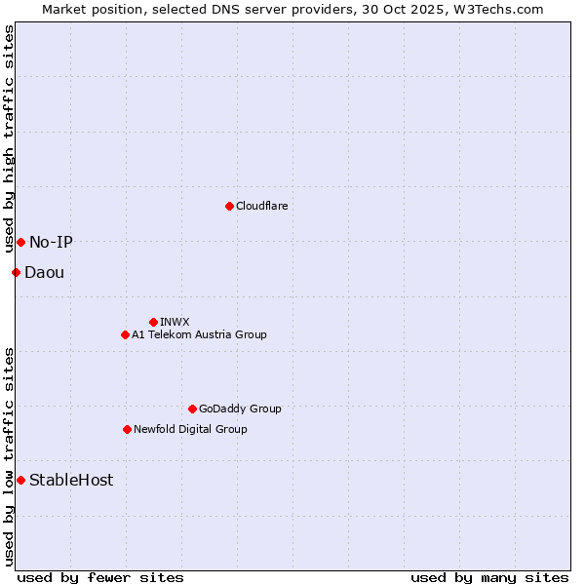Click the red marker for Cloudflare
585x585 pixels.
pos(229,206)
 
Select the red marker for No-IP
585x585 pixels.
pos(20,242)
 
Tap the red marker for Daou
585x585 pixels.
pos(16,272)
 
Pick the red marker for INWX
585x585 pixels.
pos(153,322)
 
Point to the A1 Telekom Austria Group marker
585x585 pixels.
pos(125,334)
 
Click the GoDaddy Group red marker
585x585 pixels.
pos(192,409)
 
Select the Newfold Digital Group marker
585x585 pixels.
pos(127,429)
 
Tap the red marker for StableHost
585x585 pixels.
pos(20,480)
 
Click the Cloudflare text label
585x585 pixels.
pos(261,206)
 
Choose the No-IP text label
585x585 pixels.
pos(51,242)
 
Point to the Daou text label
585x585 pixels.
pos(44,272)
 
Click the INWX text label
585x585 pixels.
pos(175,322)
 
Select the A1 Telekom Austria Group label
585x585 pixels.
pos(199,334)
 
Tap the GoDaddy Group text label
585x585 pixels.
pos(240,409)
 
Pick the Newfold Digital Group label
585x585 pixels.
pos(190,429)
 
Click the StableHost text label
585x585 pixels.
pos(71,480)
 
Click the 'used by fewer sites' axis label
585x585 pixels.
pos(100,578)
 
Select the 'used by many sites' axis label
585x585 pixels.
pos(489,578)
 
